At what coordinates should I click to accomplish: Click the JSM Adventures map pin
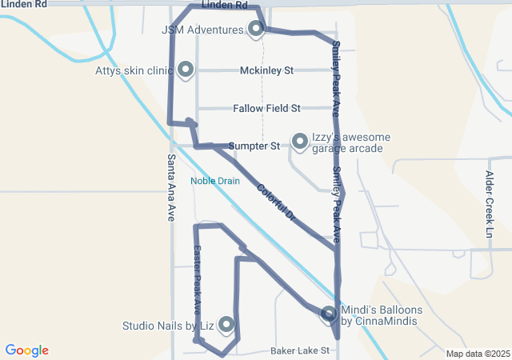(256, 30)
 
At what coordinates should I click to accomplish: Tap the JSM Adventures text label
(202, 30)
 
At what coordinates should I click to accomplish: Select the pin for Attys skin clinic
(186, 70)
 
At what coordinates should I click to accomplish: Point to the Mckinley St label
(267, 70)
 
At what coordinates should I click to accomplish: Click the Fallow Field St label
(266, 108)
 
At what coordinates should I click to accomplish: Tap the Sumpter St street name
(254, 146)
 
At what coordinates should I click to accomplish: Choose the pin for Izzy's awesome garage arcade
(300, 142)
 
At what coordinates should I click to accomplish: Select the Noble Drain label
(215, 181)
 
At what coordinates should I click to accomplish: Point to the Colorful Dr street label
(277, 202)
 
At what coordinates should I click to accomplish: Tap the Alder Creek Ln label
(490, 203)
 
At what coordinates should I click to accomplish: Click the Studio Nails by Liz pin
(226, 324)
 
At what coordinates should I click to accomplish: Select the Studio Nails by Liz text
(168, 326)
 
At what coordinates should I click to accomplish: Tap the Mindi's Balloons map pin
(329, 315)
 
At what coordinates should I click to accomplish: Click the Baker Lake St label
(300, 350)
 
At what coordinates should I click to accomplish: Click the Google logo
(27, 350)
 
